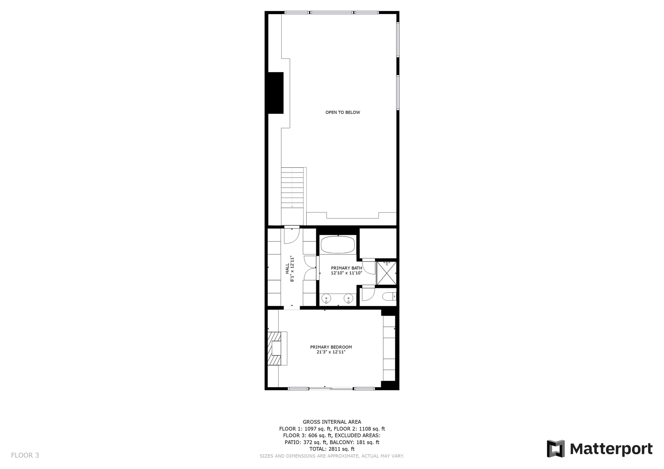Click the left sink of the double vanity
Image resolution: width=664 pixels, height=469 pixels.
coord(326,298)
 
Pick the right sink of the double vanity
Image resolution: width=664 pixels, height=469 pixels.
coord(348,298)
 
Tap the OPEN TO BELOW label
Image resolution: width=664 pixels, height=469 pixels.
coord(343,112)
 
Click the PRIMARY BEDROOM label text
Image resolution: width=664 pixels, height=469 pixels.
coord(331,347)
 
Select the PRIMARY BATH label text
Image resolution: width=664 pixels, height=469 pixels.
coord(347,268)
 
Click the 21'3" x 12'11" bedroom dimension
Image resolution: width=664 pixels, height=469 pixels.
coord(331,352)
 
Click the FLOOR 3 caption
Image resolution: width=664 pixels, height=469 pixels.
coord(25,455)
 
